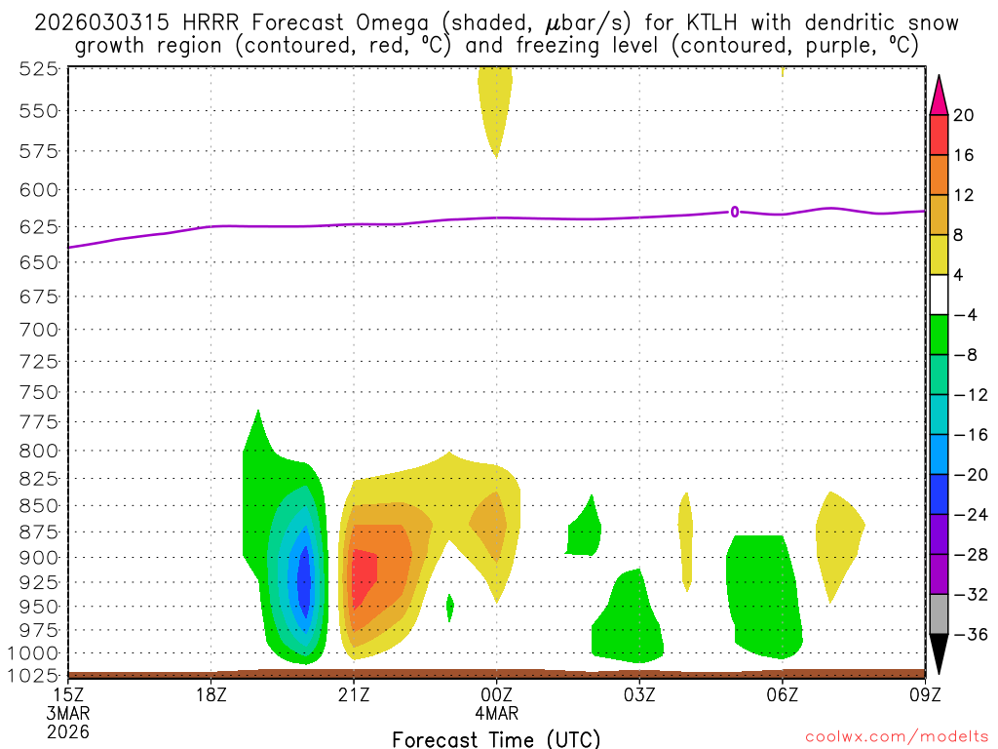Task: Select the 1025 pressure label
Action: [34, 675]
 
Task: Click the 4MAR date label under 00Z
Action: [497, 712]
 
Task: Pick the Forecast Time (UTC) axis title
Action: [496, 738]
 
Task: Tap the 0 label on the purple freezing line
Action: [734, 211]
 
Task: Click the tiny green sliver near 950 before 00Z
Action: [449, 608]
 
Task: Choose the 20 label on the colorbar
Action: [964, 115]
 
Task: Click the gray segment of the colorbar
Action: [939, 614]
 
